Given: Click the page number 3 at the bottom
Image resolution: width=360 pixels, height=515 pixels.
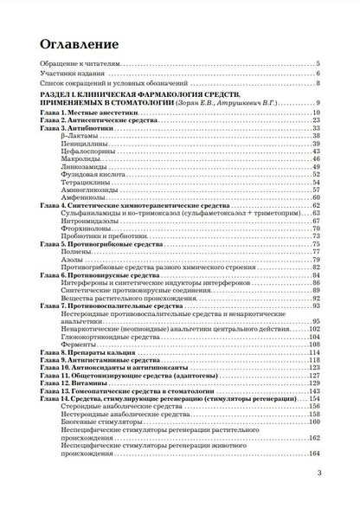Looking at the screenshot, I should click(x=318, y=497).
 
